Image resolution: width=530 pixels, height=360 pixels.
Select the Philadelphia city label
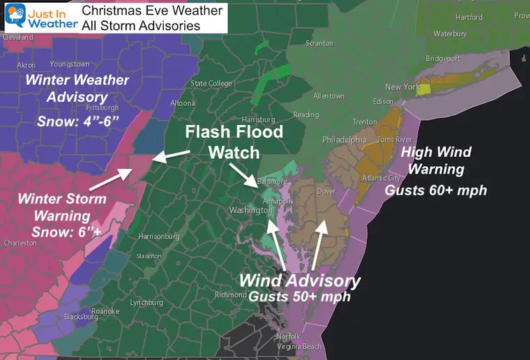click(344, 140)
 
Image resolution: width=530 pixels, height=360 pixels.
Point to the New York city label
click(402, 87)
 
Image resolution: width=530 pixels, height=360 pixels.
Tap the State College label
click(211, 84)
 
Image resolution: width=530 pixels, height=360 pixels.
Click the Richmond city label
click(250, 295)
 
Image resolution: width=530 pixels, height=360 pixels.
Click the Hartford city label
click(468, 17)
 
